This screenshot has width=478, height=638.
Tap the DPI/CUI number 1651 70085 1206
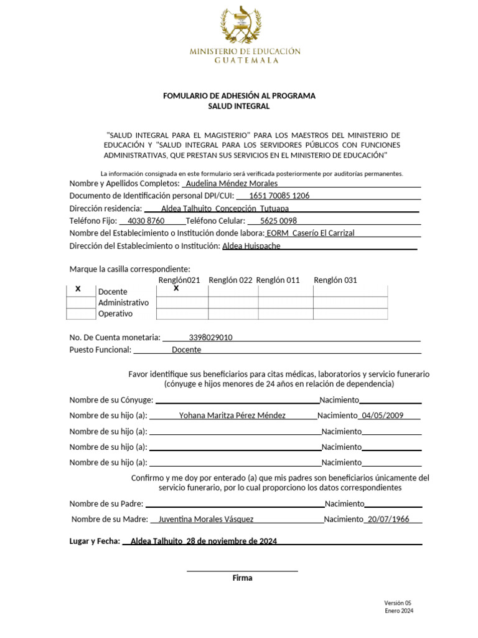pos(279,196)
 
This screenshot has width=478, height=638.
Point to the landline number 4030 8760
pos(146,221)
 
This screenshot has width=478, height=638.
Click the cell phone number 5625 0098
pos(278,221)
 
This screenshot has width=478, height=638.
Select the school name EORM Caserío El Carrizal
pos(311,233)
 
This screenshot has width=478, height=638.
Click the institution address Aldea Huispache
pos(251,246)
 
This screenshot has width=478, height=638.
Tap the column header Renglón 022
pos(230,280)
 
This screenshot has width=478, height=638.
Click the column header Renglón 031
pos(335,280)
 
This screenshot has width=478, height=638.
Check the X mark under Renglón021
pos(176,288)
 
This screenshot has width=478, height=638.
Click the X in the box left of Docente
pos(78,289)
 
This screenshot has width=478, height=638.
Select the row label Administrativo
pos(124,303)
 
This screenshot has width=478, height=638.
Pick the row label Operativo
pos(116,314)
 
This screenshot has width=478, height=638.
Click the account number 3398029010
pos(210,338)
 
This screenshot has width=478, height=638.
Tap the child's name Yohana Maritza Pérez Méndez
pos(232,416)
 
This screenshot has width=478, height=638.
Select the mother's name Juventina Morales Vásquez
pos(206,519)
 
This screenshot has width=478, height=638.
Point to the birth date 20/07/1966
pos(388,519)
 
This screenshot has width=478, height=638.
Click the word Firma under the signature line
pos(242,578)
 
